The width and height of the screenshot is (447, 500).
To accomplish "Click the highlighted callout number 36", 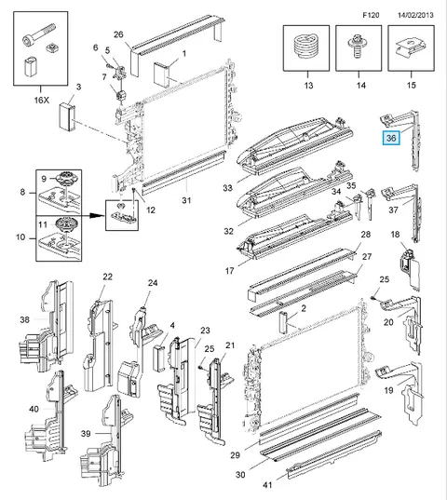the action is (391, 138).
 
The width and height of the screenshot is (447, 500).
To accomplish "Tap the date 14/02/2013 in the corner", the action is (415, 15).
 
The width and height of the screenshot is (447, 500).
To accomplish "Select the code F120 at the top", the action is (371, 15).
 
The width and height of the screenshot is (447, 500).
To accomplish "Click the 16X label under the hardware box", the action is (42, 101).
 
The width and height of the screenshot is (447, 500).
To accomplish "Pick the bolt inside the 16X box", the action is (39, 34).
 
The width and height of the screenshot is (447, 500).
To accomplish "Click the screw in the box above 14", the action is (356, 47).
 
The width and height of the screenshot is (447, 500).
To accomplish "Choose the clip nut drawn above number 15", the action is (410, 47).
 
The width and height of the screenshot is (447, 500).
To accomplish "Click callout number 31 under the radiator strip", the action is (186, 200).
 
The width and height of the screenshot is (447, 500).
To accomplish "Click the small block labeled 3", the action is (67, 116).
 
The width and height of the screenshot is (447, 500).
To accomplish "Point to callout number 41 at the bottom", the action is (267, 485).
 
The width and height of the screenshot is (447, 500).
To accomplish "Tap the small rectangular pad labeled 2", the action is (283, 322).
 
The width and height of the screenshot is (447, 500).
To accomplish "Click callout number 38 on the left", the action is (25, 319).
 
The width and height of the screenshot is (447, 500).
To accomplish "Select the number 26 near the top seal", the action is (118, 34).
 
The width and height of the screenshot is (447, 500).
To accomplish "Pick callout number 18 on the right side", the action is (395, 235).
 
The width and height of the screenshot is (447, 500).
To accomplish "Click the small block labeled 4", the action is (158, 358).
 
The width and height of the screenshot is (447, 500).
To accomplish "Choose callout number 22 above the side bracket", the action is (108, 277).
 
